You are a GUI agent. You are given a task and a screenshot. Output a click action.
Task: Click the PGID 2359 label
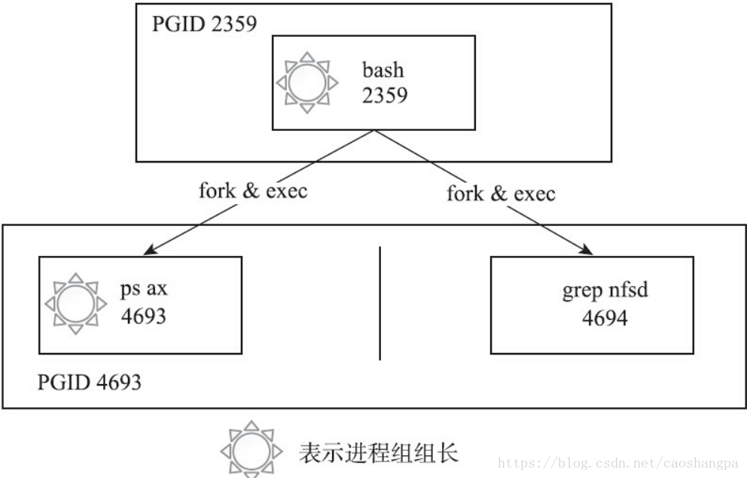point(205,24)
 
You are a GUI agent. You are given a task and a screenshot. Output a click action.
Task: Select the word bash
point(383,71)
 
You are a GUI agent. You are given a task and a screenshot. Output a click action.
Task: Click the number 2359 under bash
point(385,95)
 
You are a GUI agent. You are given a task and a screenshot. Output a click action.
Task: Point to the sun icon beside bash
point(306,83)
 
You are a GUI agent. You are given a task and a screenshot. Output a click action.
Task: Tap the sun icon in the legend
point(252,452)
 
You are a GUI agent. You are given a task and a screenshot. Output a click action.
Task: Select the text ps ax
point(143,291)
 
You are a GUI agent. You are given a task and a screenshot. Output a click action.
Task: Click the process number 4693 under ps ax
point(143,315)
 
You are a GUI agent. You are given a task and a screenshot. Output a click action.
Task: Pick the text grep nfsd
point(605,291)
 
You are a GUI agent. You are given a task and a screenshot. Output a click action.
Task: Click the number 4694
point(605,317)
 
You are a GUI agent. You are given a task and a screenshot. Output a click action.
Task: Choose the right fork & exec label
point(501,193)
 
